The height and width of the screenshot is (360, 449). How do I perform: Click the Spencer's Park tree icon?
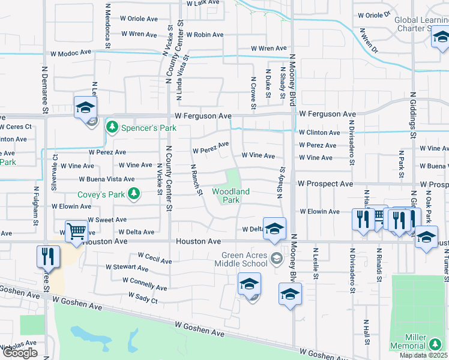pyautogui.click(x=112, y=127)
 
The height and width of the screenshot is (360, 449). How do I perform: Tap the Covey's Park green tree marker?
pyautogui.click(x=136, y=194)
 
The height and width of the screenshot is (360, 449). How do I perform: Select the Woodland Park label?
pyautogui.click(x=231, y=196)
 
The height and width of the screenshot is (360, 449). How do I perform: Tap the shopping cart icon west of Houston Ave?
pyautogui.click(x=76, y=230)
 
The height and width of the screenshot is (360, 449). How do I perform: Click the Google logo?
pyautogui.click(x=20, y=353)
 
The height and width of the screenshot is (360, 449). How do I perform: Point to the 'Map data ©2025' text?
pyautogui.click(x=424, y=355)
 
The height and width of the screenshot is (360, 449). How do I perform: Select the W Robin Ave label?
pyautogui.click(x=205, y=35)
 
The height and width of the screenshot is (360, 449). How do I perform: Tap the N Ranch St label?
pyautogui.click(x=196, y=179)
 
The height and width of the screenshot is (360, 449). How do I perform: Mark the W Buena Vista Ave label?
pyautogui.click(x=107, y=179)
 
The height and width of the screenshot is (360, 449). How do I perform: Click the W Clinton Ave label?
pyautogui.click(x=319, y=133)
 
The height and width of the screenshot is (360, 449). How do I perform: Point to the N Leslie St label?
pyautogui.click(x=315, y=263)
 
